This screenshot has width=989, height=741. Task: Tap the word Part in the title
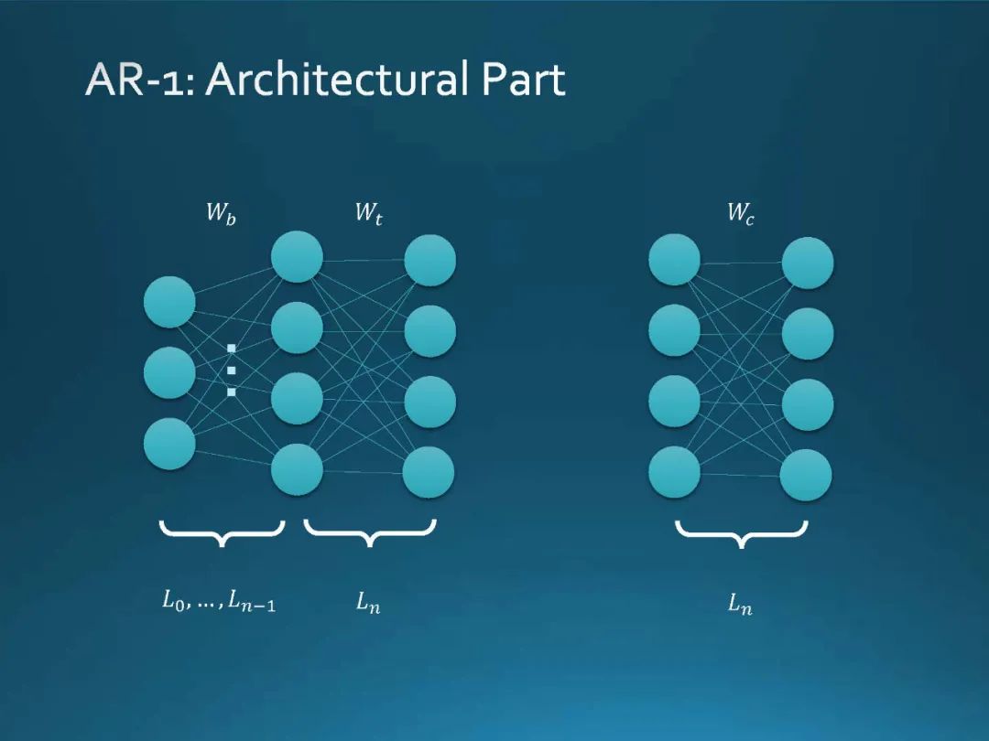click(524, 81)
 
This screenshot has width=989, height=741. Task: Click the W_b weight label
click(220, 215)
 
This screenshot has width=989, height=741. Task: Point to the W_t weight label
click(368, 215)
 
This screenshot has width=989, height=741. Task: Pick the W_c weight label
click(741, 215)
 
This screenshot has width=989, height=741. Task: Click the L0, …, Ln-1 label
click(219, 602)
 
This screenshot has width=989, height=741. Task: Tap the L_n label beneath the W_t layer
click(368, 603)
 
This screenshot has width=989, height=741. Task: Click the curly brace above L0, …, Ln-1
click(222, 532)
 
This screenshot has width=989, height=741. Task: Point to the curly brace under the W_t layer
click(369, 532)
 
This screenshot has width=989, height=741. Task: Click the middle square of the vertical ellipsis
click(232, 370)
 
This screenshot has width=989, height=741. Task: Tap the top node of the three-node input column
click(169, 302)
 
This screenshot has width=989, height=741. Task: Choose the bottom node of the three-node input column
click(169, 444)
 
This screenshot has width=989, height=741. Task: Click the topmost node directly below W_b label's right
click(297, 257)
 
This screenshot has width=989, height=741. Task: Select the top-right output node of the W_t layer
click(430, 261)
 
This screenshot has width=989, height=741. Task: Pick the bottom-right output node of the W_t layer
click(429, 473)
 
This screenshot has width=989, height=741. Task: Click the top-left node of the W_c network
click(674, 259)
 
